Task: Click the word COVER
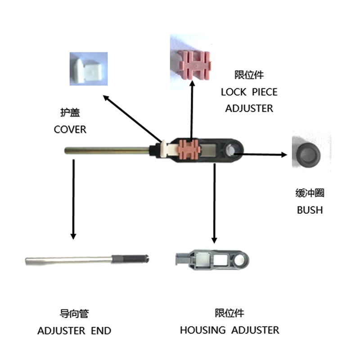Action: tap(70, 130)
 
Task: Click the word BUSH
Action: tap(310, 210)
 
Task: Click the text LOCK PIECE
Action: tap(249, 92)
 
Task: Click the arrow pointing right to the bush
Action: tap(261, 155)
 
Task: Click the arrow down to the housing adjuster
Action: tap(215, 202)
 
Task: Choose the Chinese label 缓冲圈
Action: tap(310, 193)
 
